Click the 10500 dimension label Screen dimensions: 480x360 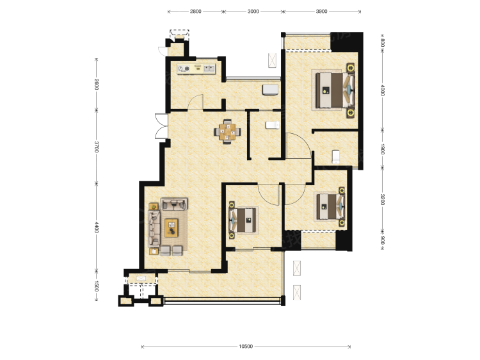246,347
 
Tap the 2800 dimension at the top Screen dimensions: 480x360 196,12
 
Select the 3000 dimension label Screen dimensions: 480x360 253,12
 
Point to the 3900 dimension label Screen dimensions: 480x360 321,12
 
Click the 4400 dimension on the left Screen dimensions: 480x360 97,227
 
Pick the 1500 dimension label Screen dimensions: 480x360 97,286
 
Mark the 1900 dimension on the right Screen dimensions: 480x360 382,149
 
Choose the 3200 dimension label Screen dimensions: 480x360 382,199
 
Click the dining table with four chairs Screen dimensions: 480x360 227,132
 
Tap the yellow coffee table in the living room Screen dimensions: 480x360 172,227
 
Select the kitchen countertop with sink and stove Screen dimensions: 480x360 196,69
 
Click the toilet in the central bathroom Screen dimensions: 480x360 273,125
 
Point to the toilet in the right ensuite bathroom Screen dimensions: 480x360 336,156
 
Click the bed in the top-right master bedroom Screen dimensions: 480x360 335,90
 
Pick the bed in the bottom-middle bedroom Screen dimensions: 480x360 243,220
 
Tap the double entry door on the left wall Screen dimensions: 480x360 161,126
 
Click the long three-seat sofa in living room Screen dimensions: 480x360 154,228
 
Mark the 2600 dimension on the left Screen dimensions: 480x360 97,85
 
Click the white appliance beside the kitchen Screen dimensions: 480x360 270,90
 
